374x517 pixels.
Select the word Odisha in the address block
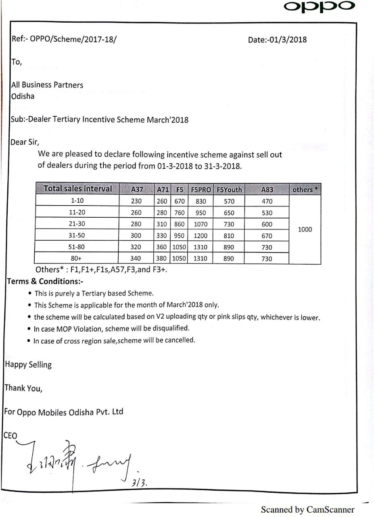[x=23, y=96]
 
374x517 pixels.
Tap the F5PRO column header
[x=201, y=189]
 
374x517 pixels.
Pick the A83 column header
[x=267, y=189]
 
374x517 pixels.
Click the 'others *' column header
[x=305, y=189]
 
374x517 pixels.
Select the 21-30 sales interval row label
[x=77, y=224]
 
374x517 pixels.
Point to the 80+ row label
[x=77, y=258]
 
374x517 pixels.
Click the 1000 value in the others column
[x=305, y=229]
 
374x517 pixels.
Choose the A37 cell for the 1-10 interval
[x=136, y=201]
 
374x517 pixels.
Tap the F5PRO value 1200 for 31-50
[x=200, y=235]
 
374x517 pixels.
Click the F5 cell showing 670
[x=179, y=201]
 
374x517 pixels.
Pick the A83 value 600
[x=267, y=224]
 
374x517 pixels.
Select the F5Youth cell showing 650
[x=228, y=212]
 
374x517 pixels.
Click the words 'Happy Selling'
[x=28, y=365]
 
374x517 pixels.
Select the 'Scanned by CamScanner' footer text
[x=307, y=509]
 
